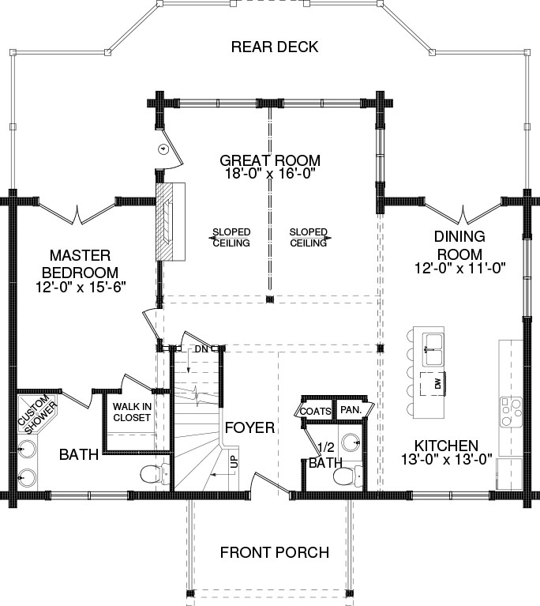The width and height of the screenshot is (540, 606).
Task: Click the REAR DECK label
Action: point(275,47)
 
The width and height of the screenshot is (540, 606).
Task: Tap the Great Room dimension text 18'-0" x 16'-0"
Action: point(270,173)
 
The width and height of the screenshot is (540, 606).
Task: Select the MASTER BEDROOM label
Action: point(80,264)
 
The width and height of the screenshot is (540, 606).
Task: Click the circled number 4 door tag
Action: point(163,149)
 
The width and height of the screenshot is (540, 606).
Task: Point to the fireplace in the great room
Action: point(171,222)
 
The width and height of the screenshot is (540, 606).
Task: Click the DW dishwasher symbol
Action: point(433,384)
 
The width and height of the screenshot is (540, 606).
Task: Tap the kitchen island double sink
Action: point(433,350)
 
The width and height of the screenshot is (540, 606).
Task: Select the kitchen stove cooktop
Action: point(511,412)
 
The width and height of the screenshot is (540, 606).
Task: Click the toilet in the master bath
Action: point(154,473)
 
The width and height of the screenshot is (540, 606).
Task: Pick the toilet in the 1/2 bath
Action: point(347,476)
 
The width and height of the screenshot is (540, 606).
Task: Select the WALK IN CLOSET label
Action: point(132,412)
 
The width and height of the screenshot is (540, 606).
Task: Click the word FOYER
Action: point(249,427)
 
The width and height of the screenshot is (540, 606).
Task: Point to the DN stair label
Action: point(201,349)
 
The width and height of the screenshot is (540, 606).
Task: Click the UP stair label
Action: point(234,461)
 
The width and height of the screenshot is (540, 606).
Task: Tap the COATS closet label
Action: point(315,412)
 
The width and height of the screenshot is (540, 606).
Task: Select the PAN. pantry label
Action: point(351,410)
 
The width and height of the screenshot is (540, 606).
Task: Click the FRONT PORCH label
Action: point(275,552)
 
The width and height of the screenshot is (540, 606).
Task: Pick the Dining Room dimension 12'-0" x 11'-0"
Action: point(460,268)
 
